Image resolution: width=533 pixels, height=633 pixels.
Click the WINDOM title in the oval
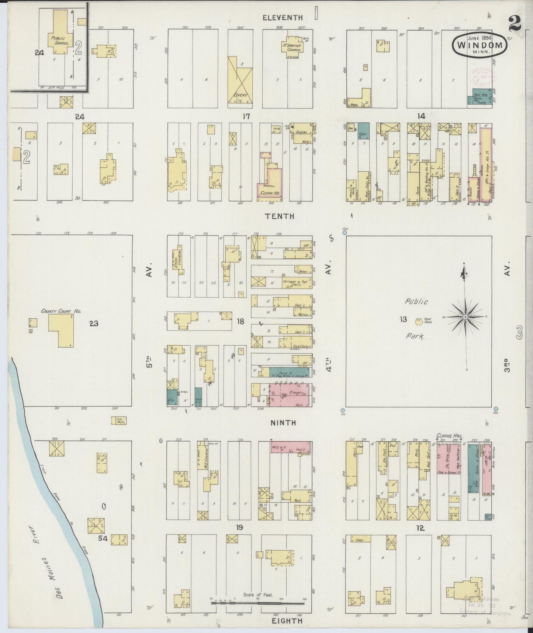[x=480, y=46]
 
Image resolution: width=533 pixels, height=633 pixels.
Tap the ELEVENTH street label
[x=283, y=18]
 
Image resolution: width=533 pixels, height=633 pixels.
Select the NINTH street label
[x=283, y=422]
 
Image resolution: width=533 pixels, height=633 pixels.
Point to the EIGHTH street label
[x=287, y=621]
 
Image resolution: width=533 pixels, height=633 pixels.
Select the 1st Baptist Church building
[x=294, y=47]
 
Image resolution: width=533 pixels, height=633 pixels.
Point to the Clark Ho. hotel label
[x=270, y=193]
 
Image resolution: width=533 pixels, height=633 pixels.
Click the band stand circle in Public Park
[x=418, y=322]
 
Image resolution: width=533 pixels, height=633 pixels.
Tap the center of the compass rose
[x=465, y=317]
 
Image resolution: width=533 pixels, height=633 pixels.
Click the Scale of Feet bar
[x=258, y=603]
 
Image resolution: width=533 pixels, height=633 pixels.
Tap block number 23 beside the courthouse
[x=94, y=324]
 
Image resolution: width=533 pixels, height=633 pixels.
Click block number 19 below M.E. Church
[x=239, y=527]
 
